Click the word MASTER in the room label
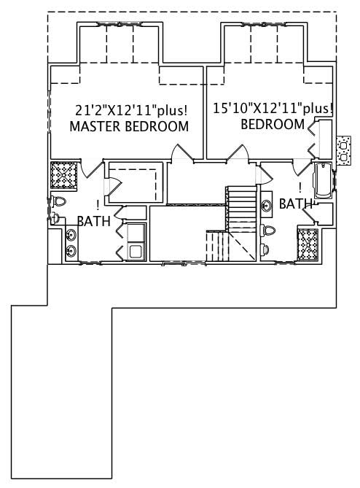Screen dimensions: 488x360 95,127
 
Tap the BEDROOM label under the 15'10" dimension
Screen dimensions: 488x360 273,124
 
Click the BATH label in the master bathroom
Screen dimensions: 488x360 93,220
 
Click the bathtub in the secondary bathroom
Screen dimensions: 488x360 321,179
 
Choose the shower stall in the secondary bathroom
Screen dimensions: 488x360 308,244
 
